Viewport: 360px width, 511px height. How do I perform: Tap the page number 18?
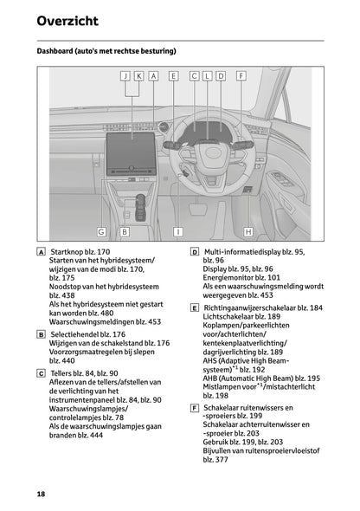tap(41, 493)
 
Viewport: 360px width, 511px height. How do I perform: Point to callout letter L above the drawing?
tap(208, 76)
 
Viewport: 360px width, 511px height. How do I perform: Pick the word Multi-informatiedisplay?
tap(247, 251)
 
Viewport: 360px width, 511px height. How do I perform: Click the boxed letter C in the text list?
tap(42, 372)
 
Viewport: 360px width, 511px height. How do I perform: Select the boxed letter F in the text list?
tap(195, 407)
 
